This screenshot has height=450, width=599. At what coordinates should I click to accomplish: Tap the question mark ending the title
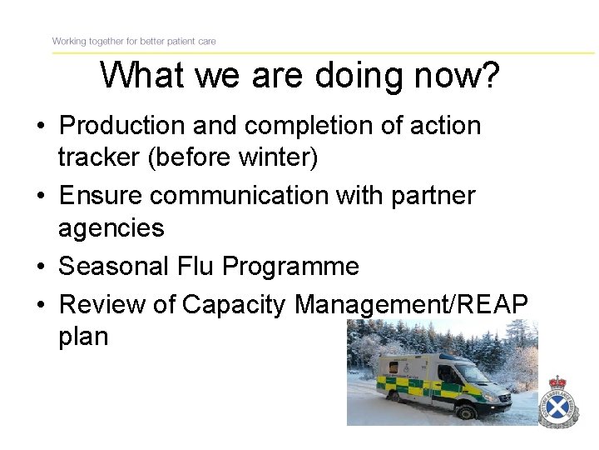click(490, 76)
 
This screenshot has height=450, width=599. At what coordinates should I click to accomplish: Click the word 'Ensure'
click(101, 195)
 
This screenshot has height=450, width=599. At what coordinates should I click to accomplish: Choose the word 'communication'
click(248, 195)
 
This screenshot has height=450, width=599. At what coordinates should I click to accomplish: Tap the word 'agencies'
click(111, 227)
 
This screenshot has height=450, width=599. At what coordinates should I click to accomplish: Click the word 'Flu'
click(196, 266)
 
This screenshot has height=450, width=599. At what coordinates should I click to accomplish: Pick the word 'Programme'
click(292, 266)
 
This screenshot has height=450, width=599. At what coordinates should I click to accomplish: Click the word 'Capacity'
click(235, 304)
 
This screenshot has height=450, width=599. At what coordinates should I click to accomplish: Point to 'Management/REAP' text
click(411, 304)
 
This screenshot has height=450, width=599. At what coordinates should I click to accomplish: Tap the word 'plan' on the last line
click(83, 337)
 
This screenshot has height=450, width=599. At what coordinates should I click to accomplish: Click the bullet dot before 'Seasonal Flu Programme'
click(41, 267)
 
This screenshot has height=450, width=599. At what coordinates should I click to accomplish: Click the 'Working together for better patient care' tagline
click(134, 41)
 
